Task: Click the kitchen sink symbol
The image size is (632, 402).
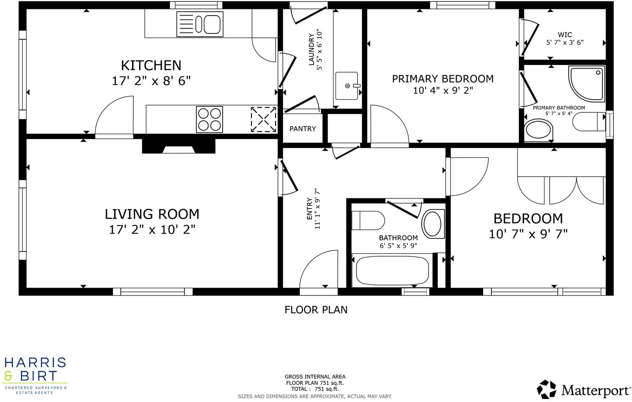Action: coord(200,24)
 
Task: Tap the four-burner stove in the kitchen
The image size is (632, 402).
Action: coord(209,120)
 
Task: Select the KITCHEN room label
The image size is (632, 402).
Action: coord(151,65)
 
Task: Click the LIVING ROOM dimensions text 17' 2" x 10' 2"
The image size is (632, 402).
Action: coord(152,230)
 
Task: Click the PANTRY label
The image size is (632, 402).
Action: coord(302,129)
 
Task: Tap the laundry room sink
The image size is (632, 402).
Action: coord(347,86)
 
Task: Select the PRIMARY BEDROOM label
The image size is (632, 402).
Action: coord(442,79)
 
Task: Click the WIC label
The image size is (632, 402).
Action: coord(564,35)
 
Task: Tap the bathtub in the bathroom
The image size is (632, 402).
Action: coord(392,271)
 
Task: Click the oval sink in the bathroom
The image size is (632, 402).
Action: coord(432,223)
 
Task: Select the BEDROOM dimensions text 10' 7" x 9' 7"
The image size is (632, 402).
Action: coord(528,234)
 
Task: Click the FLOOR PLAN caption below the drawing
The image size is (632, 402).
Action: coord(316,310)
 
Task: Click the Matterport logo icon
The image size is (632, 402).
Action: coord(547,389)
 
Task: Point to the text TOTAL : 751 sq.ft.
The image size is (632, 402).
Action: coord(315,389)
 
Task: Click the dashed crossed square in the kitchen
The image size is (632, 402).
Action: coord(263,120)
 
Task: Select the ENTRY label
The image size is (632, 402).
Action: coord(309,209)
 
